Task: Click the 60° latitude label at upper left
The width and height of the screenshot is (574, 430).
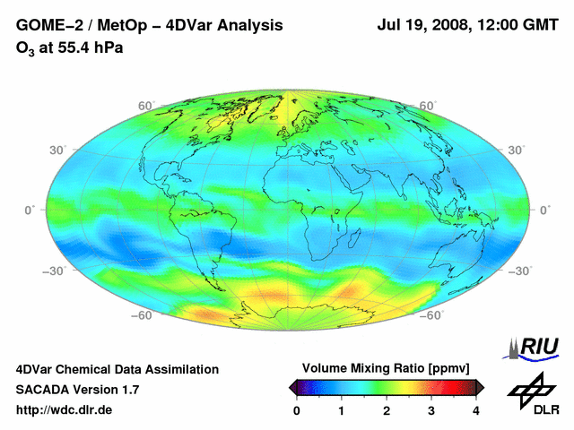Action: click(145, 106)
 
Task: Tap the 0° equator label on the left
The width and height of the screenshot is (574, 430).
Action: click(29, 209)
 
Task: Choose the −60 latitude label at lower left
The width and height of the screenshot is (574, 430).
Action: click(141, 314)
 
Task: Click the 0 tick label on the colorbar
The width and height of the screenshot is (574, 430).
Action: click(297, 410)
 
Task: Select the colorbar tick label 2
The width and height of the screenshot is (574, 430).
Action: click(387, 410)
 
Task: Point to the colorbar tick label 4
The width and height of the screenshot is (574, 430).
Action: click(476, 410)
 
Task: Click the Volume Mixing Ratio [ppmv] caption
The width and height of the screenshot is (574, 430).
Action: click(387, 368)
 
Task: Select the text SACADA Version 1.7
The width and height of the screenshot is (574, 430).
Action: click(77, 390)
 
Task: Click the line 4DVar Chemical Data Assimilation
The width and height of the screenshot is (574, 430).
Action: click(117, 369)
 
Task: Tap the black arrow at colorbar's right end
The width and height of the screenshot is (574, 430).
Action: click(480, 386)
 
